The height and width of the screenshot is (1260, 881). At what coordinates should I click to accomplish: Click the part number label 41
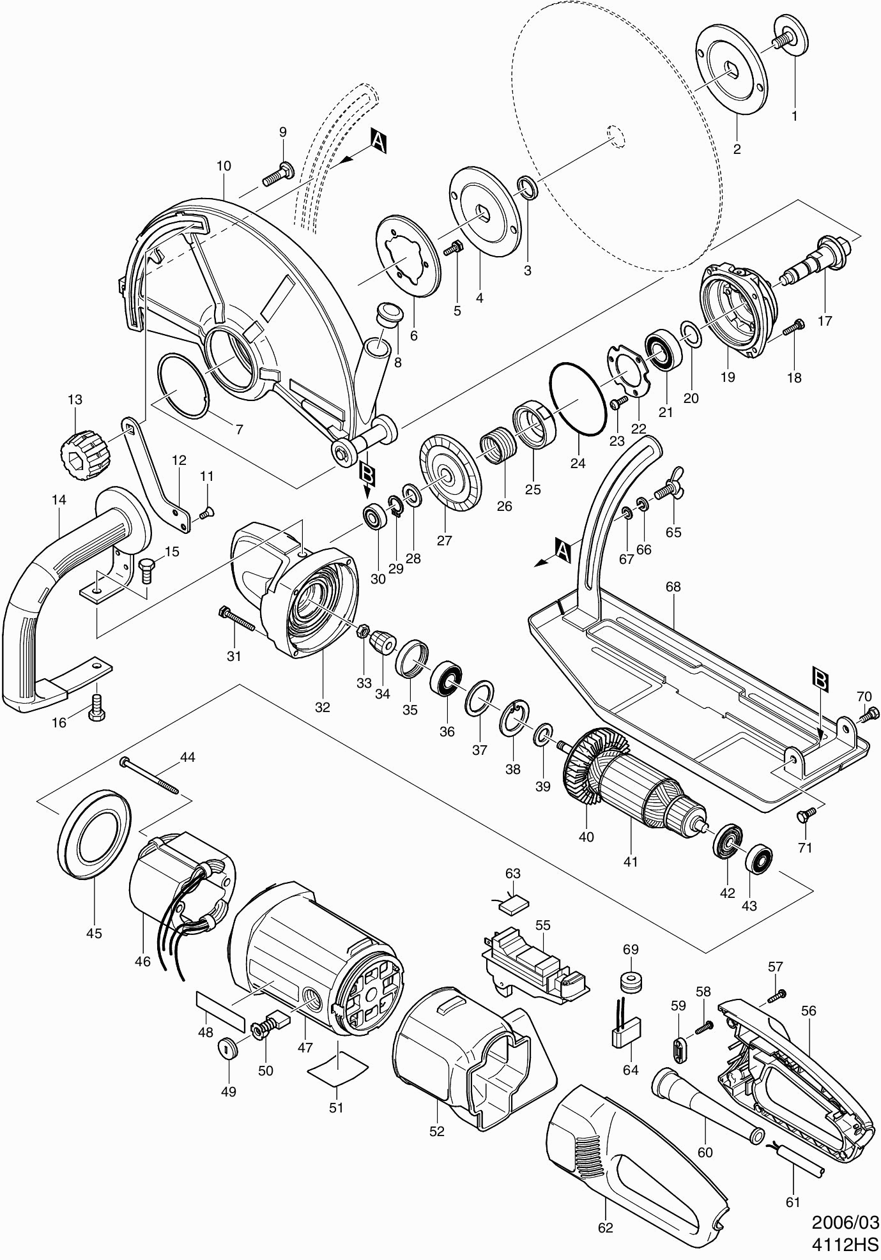pyautogui.click(x=631, y=862)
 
